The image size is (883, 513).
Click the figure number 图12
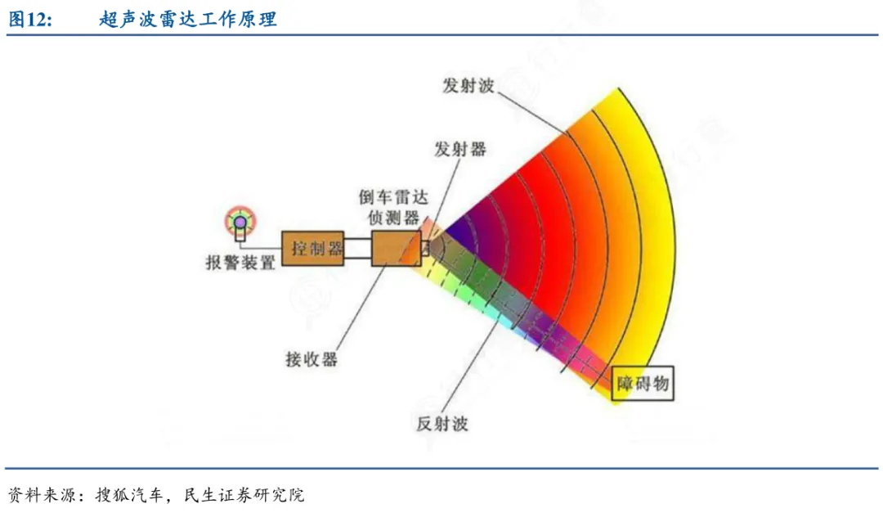click(30, 20)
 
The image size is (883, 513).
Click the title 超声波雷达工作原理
click(188, 20)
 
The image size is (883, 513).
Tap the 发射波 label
click(468, 86)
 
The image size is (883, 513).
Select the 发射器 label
click(460, 149)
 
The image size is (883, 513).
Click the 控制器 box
click(314, 248)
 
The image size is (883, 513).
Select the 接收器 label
click(312, 359)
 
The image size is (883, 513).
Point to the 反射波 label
click(442, 424)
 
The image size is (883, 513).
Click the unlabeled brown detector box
click(396, 248)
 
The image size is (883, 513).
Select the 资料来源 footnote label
click(41, 495)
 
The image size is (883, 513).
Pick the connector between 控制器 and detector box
click(358, 249)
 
